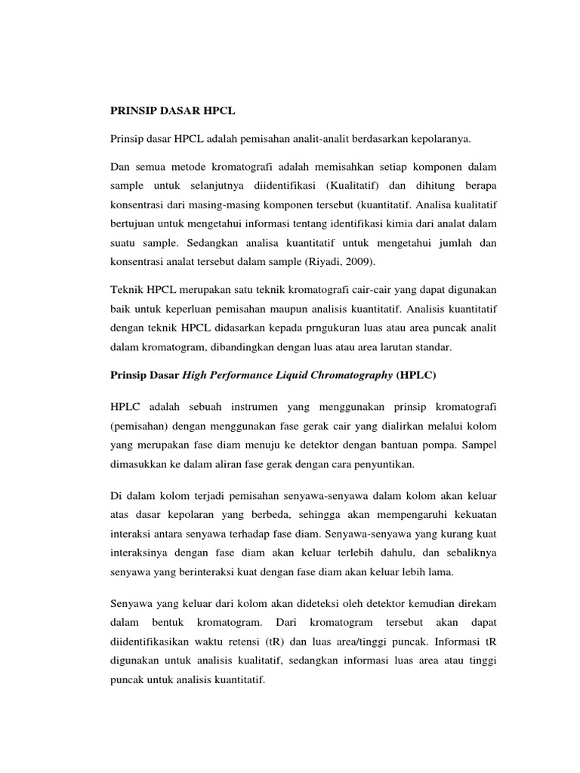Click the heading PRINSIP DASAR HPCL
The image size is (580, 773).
coord(173,111)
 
